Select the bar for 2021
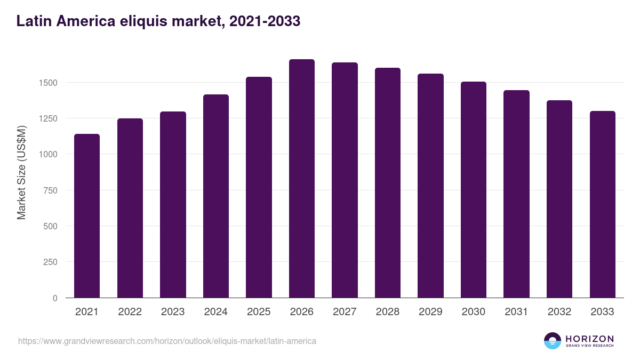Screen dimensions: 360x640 coord(87,216)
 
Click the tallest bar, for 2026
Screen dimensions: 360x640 coord(302,179)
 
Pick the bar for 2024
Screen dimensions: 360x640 coord(216,196)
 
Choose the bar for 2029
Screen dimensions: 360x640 coord(430,186)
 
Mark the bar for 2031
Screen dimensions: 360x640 coord(516,194)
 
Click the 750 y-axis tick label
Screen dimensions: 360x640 coord(51,190)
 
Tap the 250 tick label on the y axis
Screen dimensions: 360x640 coord(51,262)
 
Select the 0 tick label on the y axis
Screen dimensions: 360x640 coord(55,298)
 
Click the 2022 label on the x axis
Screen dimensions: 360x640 coord(130,312)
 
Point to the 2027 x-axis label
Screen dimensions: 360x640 coord(345,312)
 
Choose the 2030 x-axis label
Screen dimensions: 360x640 coord(474,312)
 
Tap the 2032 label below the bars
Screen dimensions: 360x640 coord(559,312)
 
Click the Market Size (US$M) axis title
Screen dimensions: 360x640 coord(21,172)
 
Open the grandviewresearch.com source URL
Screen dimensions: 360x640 coord(167,341)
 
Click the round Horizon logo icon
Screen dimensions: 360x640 coord(553,341)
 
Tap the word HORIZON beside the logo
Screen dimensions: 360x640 coord(589,338)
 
